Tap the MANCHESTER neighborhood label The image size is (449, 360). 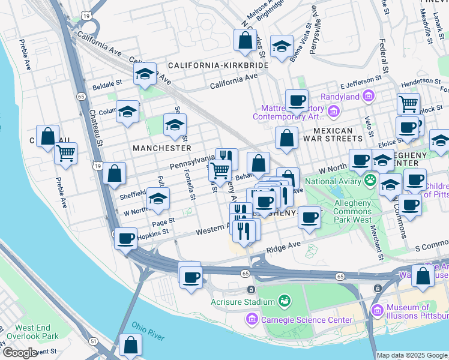pyautogui.click(x=162, y=148)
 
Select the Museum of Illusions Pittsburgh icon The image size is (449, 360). pyautogui.click(x=377, y=310)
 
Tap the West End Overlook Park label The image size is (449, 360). pyautogui.click(x=37, y=332)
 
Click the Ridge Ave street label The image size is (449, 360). pyautogui.click(x=283, y=247)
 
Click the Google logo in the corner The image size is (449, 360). pyautogui.click(x=20, y=353)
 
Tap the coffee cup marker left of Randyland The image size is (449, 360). pyautogui.click(x=296, y=100)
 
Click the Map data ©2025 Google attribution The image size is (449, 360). pyautogui.click(x=412, y=355)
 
